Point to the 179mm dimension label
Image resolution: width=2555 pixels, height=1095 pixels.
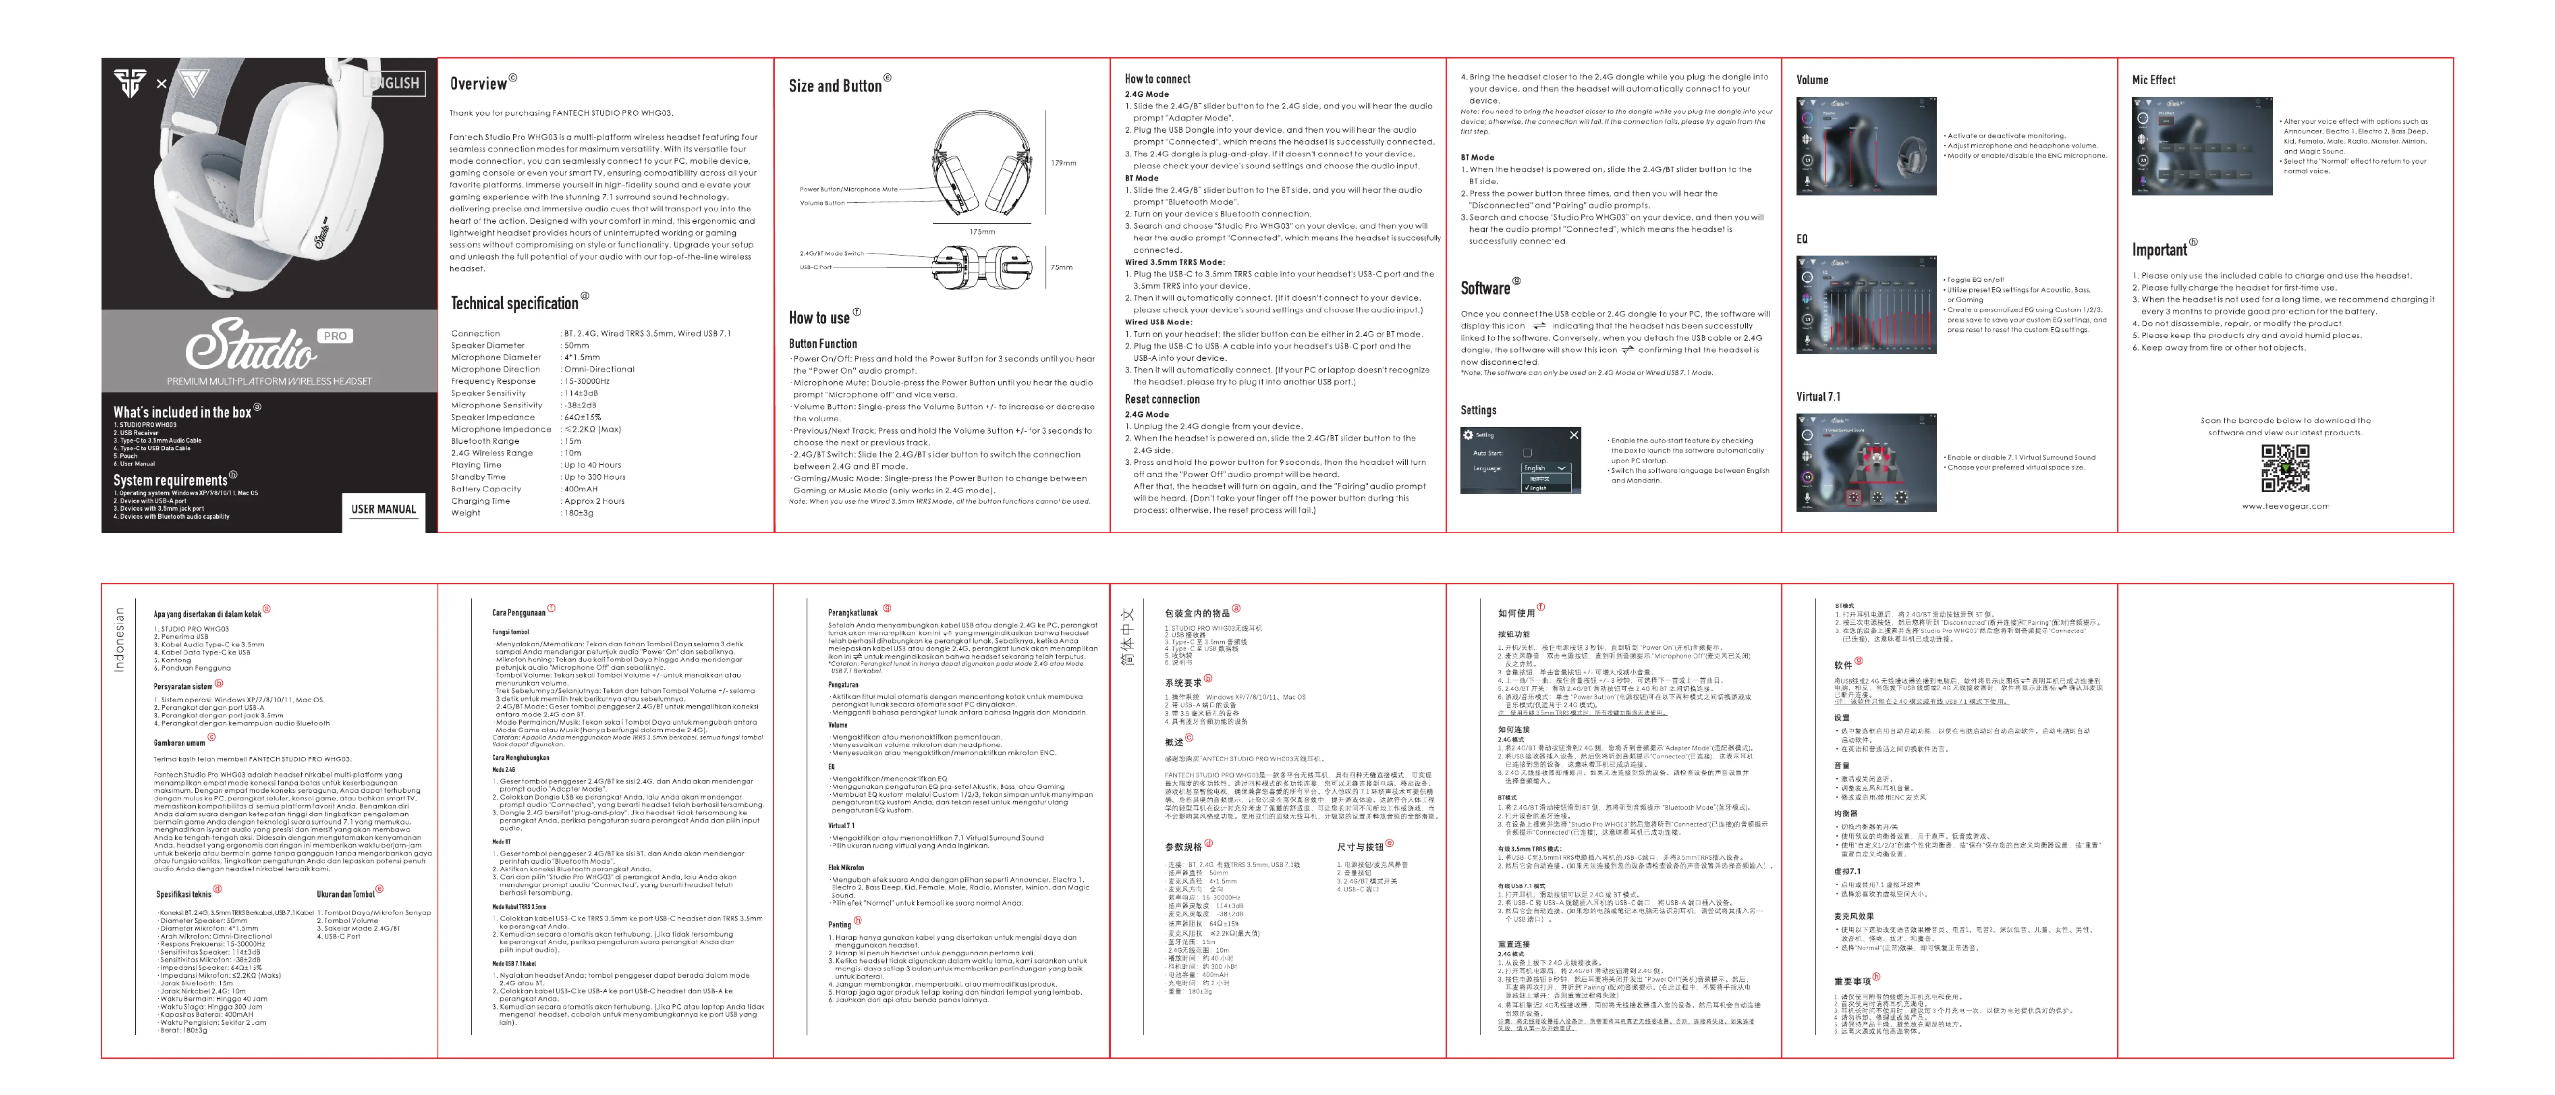click(1063, 163)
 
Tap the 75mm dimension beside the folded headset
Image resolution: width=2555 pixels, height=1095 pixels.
click(1061, 267)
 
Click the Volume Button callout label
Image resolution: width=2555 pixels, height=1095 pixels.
click(822, 203)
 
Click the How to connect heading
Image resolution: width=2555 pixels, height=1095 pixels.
click(1158, 78)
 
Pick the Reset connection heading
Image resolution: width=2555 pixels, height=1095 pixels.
click(1161, 399)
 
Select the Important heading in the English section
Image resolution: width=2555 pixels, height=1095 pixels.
click(2159, 250)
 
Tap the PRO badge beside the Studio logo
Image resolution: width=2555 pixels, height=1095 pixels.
click(335, 336)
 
